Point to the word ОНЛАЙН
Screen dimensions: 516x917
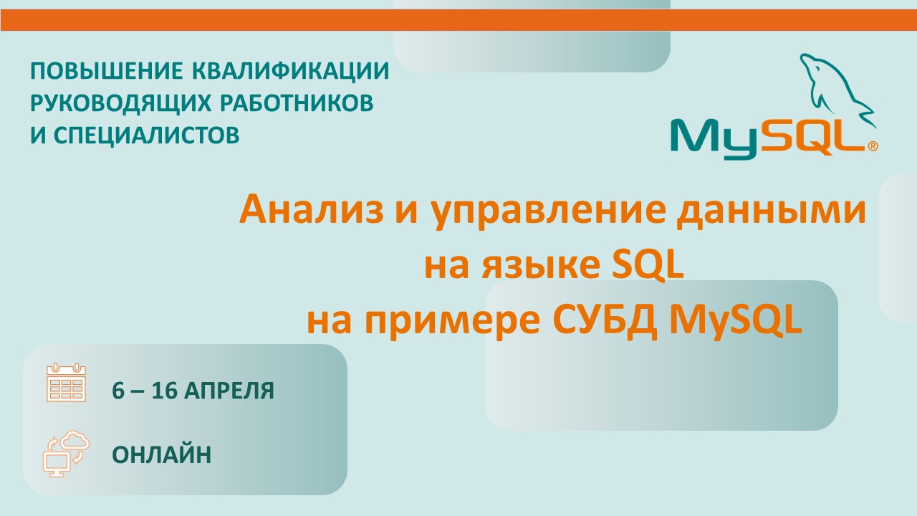click(x=162, y=454)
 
